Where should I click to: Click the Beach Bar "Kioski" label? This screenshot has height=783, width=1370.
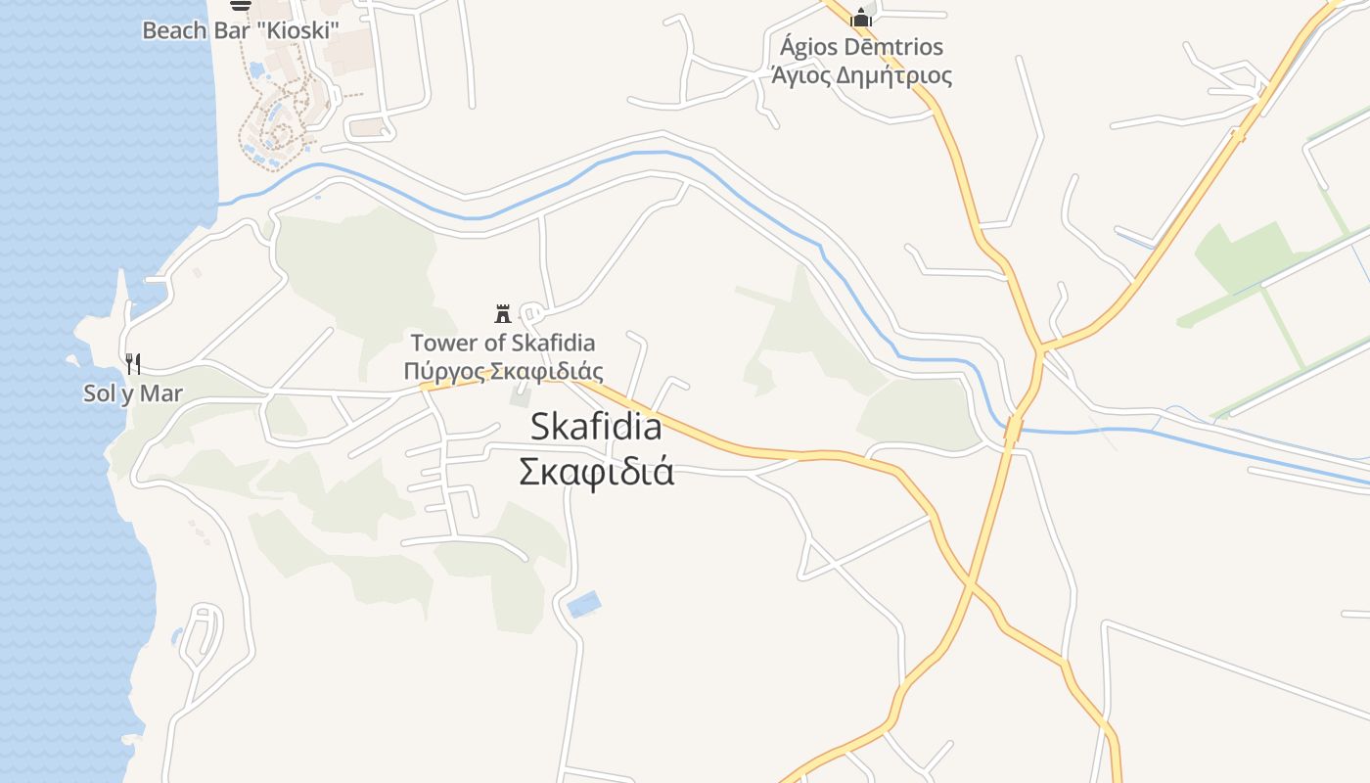(x=241, y=30)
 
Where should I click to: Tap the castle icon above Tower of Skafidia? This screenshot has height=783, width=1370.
(x=503, y=314)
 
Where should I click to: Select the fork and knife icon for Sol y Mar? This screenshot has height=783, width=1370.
(x=133, y=364)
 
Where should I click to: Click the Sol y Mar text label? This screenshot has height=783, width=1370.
(x=133, y=394)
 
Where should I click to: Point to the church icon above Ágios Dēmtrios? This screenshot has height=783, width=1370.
(x=861, y=17)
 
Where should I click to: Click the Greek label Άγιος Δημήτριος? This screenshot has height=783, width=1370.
(x=861, y=75)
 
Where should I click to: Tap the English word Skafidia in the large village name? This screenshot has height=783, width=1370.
(x=596, y=427)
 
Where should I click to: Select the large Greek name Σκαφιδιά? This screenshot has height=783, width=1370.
(x=596, y=472)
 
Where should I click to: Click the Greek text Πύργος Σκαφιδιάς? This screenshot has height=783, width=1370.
(x=503, y=372)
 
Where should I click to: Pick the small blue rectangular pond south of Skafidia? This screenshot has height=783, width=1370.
(x=584, y=605)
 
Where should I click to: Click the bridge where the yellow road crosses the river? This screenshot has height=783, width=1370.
(x=1014, y=428)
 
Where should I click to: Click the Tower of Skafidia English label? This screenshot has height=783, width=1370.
(x=503, y=344)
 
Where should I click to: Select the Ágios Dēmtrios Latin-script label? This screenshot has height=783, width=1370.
(x=861, y=47)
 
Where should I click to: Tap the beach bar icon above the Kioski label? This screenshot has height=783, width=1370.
(x=241, y=4)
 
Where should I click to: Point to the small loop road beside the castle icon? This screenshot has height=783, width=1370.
(x=532, y=315)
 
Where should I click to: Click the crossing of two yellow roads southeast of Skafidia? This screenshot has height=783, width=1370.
(x=969, y=583)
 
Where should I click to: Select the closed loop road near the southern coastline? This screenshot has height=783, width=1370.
(x=202, y=631)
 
